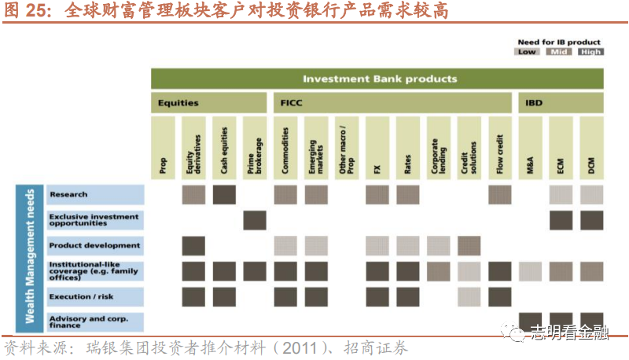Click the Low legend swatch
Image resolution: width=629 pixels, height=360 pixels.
point(527,52)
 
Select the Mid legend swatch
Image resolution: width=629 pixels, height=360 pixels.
point(559,52)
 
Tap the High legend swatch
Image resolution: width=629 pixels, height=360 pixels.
point(591,52)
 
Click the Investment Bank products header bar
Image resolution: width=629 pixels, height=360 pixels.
point(377,79)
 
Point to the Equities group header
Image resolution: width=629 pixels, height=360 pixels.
point(208,103)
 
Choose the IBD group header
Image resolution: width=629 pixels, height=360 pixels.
point(561,103)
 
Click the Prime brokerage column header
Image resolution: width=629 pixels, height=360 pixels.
point(255,148)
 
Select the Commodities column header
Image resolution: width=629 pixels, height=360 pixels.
point(285,148)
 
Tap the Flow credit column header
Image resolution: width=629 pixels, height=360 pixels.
point(500,148)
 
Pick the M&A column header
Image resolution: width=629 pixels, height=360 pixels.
point(530,148)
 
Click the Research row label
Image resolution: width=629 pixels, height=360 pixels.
point(95,194)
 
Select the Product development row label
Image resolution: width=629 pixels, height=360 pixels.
point(95,246)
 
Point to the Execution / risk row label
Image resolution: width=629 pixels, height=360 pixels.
point(95,297)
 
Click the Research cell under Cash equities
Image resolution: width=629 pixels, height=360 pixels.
point(224,195)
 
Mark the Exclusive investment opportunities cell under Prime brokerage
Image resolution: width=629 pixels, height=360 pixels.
point(255,221)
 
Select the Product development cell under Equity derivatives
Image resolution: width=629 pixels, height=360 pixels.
point(193,246)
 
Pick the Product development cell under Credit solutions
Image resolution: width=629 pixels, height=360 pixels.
point(469,246)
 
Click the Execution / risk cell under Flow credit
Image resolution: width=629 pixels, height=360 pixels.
point(500,297)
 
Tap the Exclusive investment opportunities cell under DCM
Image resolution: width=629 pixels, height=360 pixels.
point(591,221)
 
